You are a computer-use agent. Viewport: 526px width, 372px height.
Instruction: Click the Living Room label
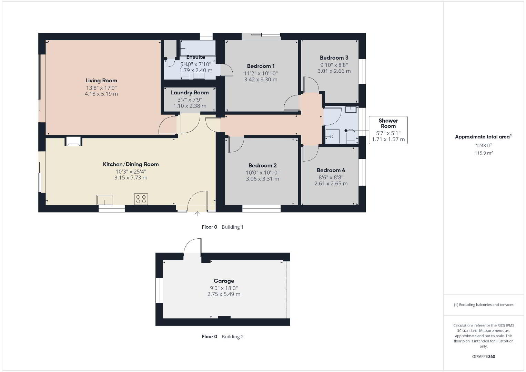pyautogui.click(x=101, y=81)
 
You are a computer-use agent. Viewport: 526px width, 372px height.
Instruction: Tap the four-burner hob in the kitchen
pyautogui.click(x=141, y=199)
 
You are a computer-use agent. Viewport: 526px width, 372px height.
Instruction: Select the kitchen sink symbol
pyautogui.click(x=105, y=200)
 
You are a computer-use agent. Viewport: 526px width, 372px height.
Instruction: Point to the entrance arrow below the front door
pyautogui.click(x=197, y=214)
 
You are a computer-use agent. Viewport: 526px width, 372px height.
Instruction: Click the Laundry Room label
pyautogui.click(x=190, y=93)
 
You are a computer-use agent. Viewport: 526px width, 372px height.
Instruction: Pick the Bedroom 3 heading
pyautogui.click(x=334, y=58)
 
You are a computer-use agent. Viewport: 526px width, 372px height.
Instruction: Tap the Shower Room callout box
pyautogui.click(x=388, y=130)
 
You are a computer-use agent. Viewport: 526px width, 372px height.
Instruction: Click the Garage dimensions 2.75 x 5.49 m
pyautogui.click(x=224, y=294)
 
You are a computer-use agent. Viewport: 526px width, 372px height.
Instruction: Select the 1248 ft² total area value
pyautogui.click(x=484, y=145)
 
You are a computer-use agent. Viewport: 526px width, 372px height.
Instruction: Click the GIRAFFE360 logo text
pyautogui.click(x=484, y=356)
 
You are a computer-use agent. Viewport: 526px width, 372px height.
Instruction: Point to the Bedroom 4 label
pyautogui.click(x=331, y=170)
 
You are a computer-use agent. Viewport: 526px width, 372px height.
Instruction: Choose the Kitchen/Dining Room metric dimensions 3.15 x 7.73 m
pyautogui.click(x=131, y=178)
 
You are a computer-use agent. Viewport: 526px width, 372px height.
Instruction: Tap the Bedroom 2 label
pyautogui.click(x=263, y=165)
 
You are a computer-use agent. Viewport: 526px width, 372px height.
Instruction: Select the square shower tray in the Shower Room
pyautogui.click(x=332, y=136)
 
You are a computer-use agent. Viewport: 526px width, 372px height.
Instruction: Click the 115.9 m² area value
pyautogui.click(x=484, y=153)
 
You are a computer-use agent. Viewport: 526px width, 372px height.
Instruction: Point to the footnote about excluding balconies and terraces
pyautogui.click(x=484, y=305)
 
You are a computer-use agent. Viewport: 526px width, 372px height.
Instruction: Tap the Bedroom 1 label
pyautogui.click(x=261, y=66)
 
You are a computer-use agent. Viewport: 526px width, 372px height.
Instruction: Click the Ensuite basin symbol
pyautogui.click(x=199, y=76)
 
